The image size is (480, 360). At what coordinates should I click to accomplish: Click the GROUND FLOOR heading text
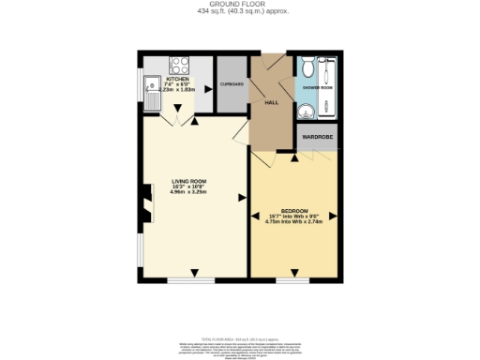[x=239, y=5]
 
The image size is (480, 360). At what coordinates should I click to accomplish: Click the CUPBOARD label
[x=232, y=84]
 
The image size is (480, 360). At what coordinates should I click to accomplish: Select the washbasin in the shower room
[x=307, y=111]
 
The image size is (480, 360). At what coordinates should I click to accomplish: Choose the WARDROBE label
[x=317, y=138]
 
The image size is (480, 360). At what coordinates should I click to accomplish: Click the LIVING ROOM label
[x=188, y=181]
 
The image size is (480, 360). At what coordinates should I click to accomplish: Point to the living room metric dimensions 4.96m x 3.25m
[x=188, y=192]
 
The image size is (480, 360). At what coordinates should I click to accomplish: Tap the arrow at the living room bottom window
[x=195, y=273]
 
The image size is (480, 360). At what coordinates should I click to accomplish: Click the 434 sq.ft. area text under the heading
[x=239, y=11]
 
